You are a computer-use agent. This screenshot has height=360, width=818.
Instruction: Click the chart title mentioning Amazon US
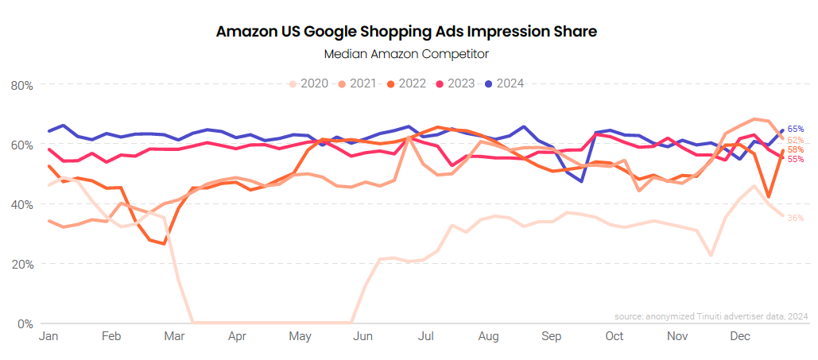[406, 32]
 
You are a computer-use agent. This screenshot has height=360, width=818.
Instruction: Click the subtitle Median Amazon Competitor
[406, 54]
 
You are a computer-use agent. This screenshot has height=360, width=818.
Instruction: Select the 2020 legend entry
[309, 83]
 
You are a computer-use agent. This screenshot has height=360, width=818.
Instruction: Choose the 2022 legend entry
[408, 83]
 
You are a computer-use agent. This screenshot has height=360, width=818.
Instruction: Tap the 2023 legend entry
[456, 83]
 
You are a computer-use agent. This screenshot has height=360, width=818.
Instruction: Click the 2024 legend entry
[506, 83]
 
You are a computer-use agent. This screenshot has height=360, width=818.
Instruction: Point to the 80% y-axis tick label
[21, 85]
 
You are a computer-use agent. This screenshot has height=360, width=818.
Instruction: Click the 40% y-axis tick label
[21, 204]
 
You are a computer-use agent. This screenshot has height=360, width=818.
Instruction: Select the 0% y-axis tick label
[24, 323]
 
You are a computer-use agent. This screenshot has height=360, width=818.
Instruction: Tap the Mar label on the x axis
[174, 337]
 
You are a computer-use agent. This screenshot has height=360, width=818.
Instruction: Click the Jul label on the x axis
[425, 337]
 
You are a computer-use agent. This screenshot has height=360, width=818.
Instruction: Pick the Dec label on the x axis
[741, 337]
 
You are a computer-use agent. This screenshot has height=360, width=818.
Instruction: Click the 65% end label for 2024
[795, 129]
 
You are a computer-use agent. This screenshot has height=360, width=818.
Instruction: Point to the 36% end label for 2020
[795, 218]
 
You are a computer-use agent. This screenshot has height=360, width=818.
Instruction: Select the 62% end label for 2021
[795, 140]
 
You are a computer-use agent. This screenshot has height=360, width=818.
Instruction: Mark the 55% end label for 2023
[795, 159]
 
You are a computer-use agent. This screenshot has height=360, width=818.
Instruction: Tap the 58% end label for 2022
[795, 149]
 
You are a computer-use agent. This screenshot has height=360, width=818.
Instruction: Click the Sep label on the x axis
[551, 337]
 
